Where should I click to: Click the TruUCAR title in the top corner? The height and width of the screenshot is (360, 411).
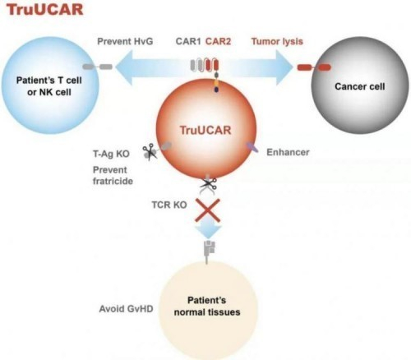click(x=44, y=9)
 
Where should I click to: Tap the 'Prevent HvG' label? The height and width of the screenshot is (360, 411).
click(x=125, y=41)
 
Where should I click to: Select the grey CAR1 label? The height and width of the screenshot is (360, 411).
click(x=188, y=41)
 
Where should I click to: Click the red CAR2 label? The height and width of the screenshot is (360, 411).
click(x=218, y=41)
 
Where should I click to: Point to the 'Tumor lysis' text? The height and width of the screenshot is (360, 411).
click(x=277, y=42)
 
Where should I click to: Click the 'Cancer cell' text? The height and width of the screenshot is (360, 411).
click(x=360, y=86)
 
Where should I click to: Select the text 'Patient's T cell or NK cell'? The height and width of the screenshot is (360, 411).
click(x=49, y=86)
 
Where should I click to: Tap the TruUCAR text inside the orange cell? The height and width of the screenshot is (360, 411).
click(x=205, y=130)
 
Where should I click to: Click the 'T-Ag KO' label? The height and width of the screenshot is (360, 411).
click(x=111, y=154)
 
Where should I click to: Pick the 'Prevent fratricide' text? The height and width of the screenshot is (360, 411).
click(x=113, y=175)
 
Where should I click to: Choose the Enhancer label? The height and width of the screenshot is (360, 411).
click(x=288, y=152)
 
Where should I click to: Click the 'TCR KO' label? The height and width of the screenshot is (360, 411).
click(x=169, y=205)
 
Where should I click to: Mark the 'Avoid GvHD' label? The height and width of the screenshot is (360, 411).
click(x=126, y=309)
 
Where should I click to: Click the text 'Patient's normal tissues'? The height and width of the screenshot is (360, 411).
click(x=207, y=306)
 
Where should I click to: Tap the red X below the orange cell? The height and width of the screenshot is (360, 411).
click(x=207, y=210)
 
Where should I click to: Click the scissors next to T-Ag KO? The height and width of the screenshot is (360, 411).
click(x=150, y=151)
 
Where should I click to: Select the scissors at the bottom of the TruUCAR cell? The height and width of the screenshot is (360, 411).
click(x=209, y=184)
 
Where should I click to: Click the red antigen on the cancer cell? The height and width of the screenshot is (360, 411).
click(x=314, y=67)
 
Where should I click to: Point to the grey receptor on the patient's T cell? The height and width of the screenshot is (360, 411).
click(x=98, y=67)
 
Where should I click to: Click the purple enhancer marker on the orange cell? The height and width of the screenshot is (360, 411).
click(x=252, y=147)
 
